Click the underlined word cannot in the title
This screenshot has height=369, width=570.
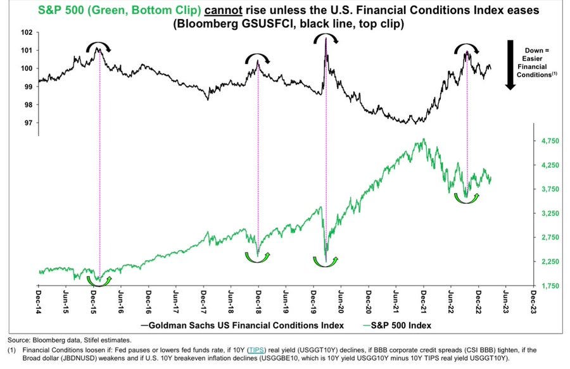(223, 9)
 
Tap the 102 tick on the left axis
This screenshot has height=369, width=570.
(27, 32)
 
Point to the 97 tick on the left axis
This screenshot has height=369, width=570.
(28, 123)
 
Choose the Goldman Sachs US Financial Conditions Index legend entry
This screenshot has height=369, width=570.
(242, 325)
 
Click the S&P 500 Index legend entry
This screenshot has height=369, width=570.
(396, 325)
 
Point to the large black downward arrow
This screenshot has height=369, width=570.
(510, 65)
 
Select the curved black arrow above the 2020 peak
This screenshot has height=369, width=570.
(326, 35)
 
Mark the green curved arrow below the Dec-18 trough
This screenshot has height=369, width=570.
(257, 260)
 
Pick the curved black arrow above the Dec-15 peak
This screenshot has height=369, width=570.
(98, 44)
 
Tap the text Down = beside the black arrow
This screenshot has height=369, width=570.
(537, 51)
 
